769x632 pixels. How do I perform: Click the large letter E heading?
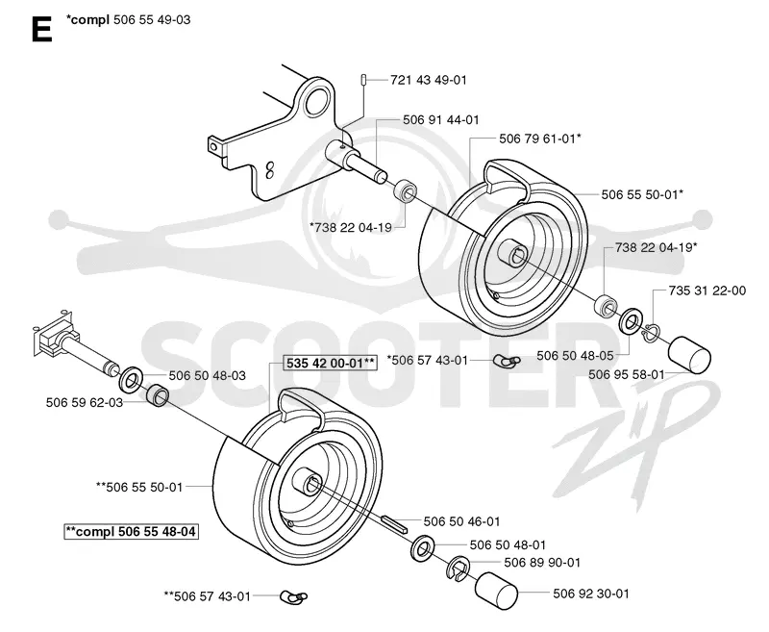42,30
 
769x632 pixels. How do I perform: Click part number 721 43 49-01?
428,80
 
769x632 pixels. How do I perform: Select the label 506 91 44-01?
441,119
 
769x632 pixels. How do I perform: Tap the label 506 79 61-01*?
540,139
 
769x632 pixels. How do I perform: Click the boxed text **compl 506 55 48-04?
131,531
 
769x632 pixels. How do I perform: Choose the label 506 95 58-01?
627,374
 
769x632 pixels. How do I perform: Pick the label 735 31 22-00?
707,291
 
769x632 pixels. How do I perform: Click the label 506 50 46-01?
461,521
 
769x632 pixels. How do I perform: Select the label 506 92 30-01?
591,594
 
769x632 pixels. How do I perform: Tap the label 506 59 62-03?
85,402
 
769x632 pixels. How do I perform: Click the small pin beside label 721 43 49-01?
363,79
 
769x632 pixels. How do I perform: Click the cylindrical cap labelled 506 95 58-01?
689,354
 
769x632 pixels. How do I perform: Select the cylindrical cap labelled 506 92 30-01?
496,591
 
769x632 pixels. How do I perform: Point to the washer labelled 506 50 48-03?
131,377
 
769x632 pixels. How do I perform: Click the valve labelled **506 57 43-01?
294,597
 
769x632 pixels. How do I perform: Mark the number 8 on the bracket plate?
269,170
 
